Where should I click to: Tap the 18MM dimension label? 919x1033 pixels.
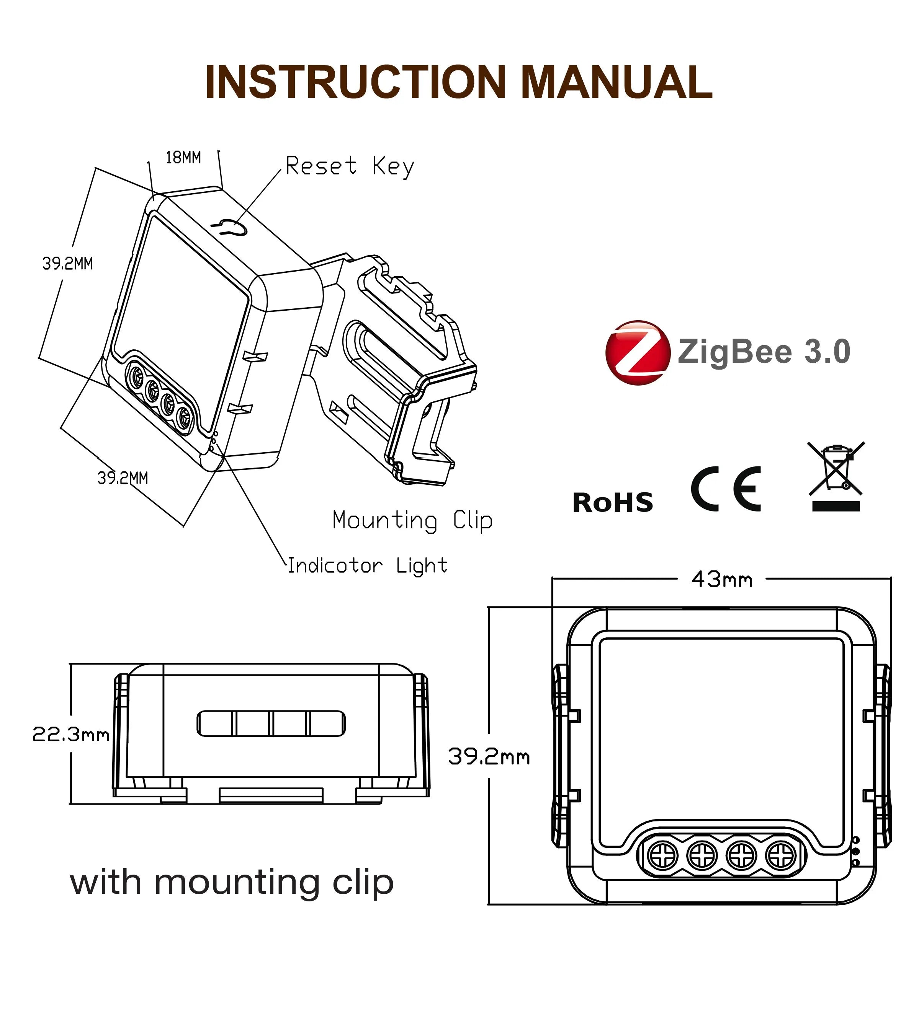tap(183, 158)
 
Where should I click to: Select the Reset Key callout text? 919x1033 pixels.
tap(350, 166)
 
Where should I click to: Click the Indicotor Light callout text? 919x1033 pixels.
tap(367, 565)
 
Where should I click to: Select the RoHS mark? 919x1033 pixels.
tap(613, 503)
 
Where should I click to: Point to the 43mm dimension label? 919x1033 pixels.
tap(722, 580)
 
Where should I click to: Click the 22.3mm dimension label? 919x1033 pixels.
tap(71, 734)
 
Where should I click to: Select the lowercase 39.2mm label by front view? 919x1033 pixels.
tap(489, 756)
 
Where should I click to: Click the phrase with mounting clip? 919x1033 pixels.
tap(232, 882)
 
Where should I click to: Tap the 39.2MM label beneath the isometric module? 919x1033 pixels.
tap(123, 477)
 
